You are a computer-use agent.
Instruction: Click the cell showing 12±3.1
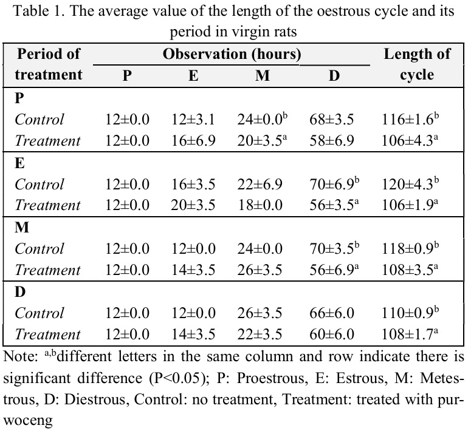[x=193, y=120]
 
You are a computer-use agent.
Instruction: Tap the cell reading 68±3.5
[x=333, y=120]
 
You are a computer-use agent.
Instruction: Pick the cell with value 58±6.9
[x=333, y=141]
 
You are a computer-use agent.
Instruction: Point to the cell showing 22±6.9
[x=260, y=185]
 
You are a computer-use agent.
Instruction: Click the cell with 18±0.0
[x=260, y=206]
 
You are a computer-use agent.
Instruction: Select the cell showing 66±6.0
[x=333, y=313]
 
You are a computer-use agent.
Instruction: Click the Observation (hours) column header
[x=232, y=54]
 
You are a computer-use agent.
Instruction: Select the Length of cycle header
[x=417, y=64]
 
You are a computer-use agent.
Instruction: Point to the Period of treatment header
[x=49, y=64]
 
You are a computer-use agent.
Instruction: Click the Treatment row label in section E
[x=47, y=206]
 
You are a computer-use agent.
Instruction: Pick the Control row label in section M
[x=40, y=249]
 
